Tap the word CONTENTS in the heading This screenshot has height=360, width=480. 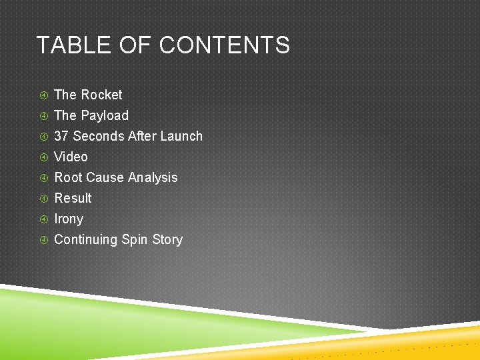tap(225, 45)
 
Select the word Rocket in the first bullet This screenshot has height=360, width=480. tap(101, 95)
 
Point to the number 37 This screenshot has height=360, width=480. tap(61, 136)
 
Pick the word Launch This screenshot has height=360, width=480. tap(181, 136)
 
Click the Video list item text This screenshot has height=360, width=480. tap(71, 157)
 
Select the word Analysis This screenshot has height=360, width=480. tap(153, 177)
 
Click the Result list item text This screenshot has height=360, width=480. tap(73, 198)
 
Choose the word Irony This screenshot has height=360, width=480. tap(69, 219)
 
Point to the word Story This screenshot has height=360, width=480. tap(167, 239)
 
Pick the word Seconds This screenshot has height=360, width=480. tap(97, 136)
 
